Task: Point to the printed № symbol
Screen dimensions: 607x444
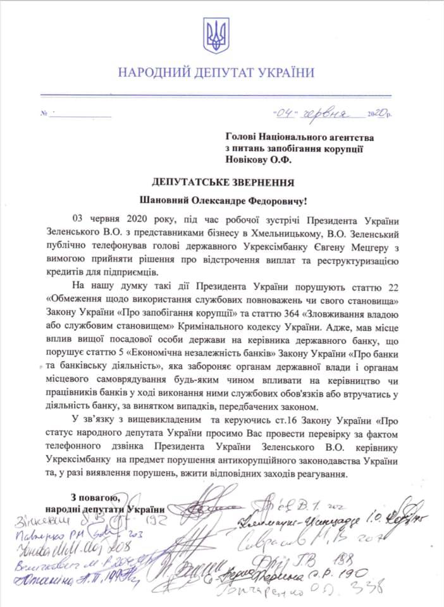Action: click(44, 116)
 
